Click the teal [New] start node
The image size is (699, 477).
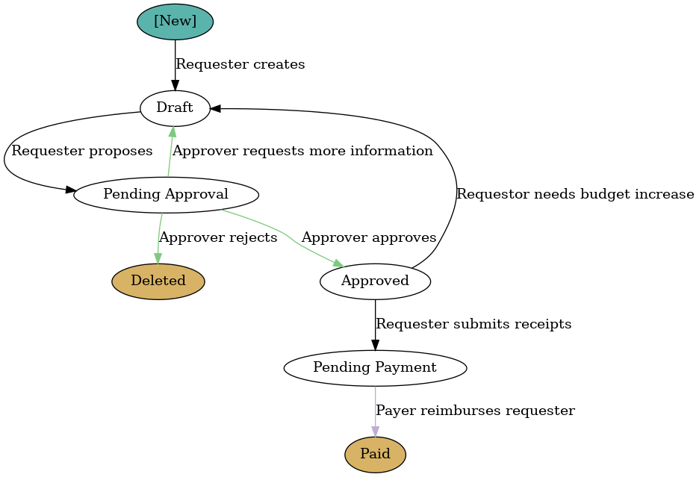tap(175, 22)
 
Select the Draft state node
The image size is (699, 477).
tap(175, 108)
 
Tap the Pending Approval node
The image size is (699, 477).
tap(166, 195)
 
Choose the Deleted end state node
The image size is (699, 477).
tap(158, 281)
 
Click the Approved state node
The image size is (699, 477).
tap(375, 281)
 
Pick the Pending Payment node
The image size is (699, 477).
tap(375, 368)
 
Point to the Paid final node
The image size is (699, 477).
tap(375, 455)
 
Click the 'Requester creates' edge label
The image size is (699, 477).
tap(240, 65)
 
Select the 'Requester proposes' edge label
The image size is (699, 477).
tap(82, 152)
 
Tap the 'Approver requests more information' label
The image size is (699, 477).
tap(302, 152)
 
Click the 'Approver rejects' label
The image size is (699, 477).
tap(218, 238)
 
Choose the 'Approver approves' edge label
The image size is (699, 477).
tap(368, 238)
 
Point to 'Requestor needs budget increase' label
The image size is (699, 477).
tap(575, 195)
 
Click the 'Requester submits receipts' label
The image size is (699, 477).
tap(473, 325)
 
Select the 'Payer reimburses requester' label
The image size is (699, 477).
tap(475, 411)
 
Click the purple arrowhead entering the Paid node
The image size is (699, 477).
tap(375, 431)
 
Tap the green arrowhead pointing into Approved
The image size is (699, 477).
tap(338, 264)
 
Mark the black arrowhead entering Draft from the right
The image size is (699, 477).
tap(215, 108)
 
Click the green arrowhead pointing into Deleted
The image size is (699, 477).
tap(158, 258)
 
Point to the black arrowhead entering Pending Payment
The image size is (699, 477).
tap(375, 345)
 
